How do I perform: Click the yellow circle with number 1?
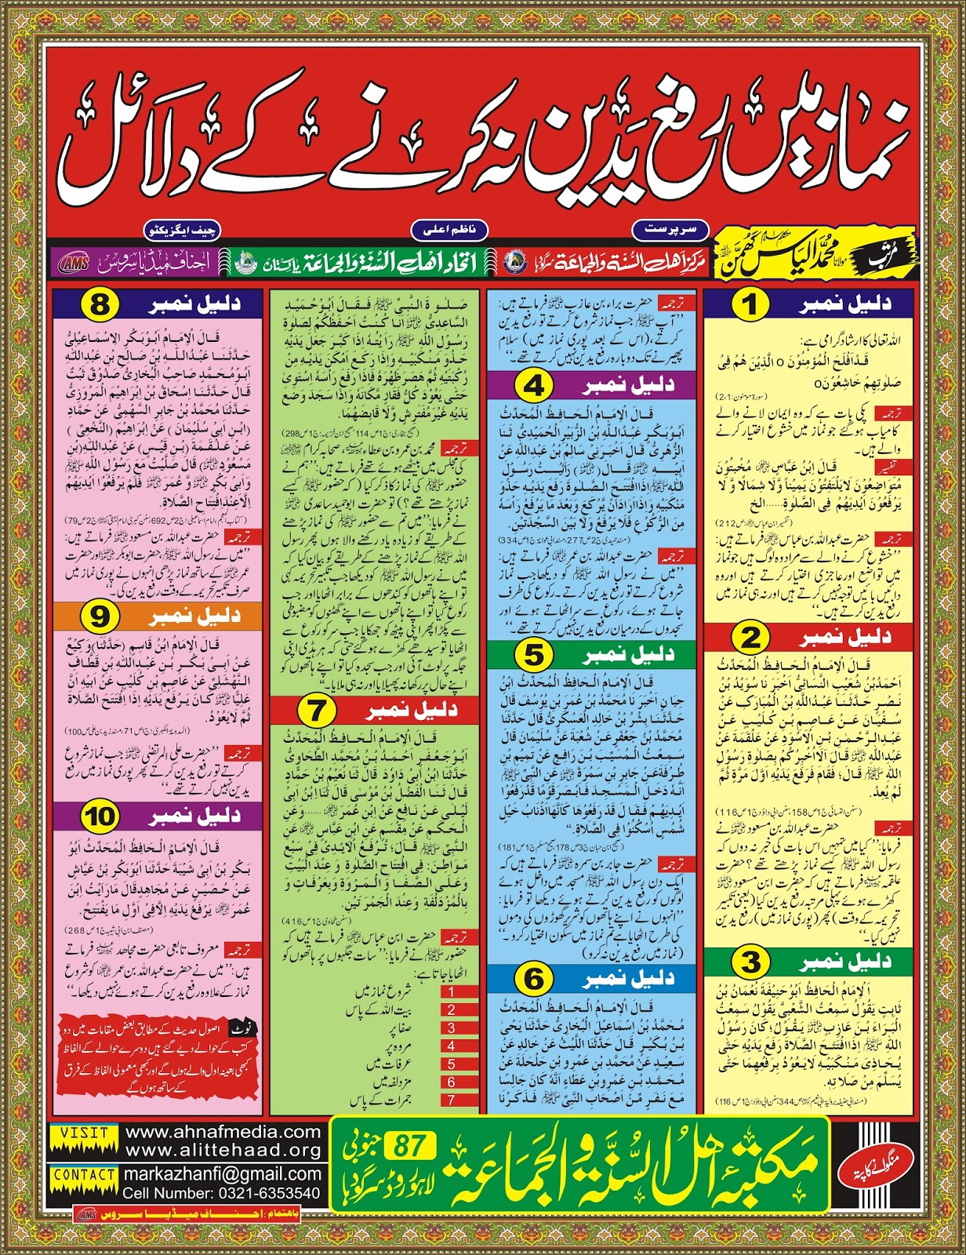pyautogui.click(x=750, y=304)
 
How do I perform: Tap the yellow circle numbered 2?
pyautogui.click(x=750, y=637)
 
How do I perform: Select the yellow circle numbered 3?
pyautogui.click(x=750, y=962)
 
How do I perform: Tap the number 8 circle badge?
pyautogui.click(x=100, y=304)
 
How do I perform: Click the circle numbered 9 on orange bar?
pyautogui.click(x=100, y=617)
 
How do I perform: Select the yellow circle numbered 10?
pyautogui.click(x=100, y=817)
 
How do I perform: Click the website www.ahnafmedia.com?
pyautogui.click(x=223, y=1133)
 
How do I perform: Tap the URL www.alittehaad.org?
pyautogui.click(x=223, y=1151)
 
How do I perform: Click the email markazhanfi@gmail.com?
pyautogui.click(x=222, y=1174)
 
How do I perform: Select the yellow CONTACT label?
pyautogui.click(x=84, y=1174)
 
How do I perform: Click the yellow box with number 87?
pyautogui.click(x=409, y=1146)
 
